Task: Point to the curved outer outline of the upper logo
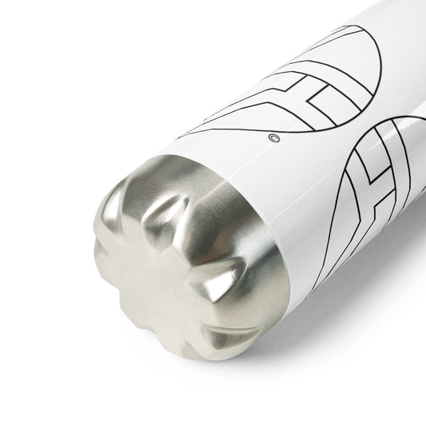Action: pyautogui.click(x=352, y=64)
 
